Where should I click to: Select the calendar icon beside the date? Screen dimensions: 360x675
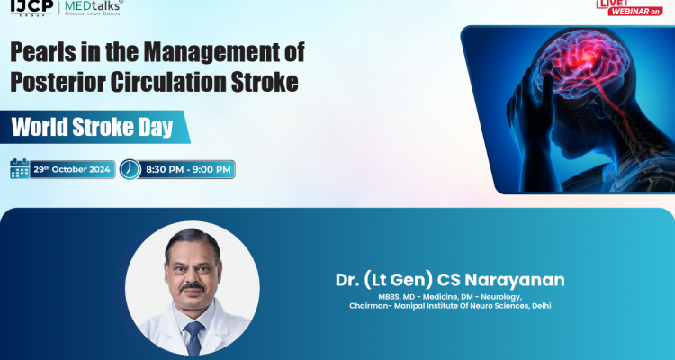pos(19,169)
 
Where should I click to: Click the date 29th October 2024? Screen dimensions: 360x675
pos(72,169)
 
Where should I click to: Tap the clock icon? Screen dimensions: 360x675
pos(130,169)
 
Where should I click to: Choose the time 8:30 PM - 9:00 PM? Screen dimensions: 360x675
pos(187,169)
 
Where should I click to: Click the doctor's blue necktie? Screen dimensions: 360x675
pos(193,337)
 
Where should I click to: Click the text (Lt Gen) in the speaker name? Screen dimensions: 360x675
pos(397,280)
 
